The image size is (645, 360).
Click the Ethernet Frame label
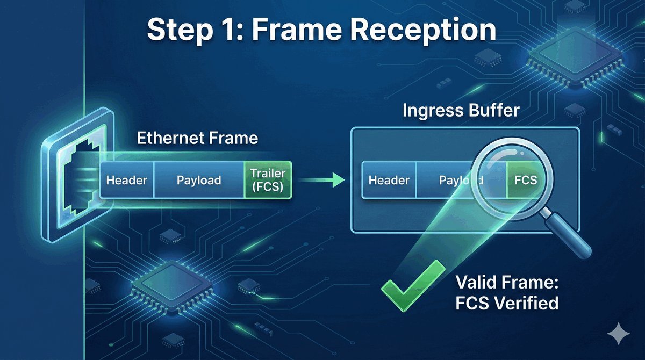[x=197, y=138]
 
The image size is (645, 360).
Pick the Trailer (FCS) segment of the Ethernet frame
[x=268, y=180]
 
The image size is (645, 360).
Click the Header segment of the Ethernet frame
[x=127, y=180]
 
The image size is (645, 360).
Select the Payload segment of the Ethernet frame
[x=199, y=180]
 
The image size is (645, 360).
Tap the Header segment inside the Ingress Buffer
[x=389, y=179]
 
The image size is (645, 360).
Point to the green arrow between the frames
[x=322, y=180]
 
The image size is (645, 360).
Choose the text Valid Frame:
[x=507, y=282]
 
